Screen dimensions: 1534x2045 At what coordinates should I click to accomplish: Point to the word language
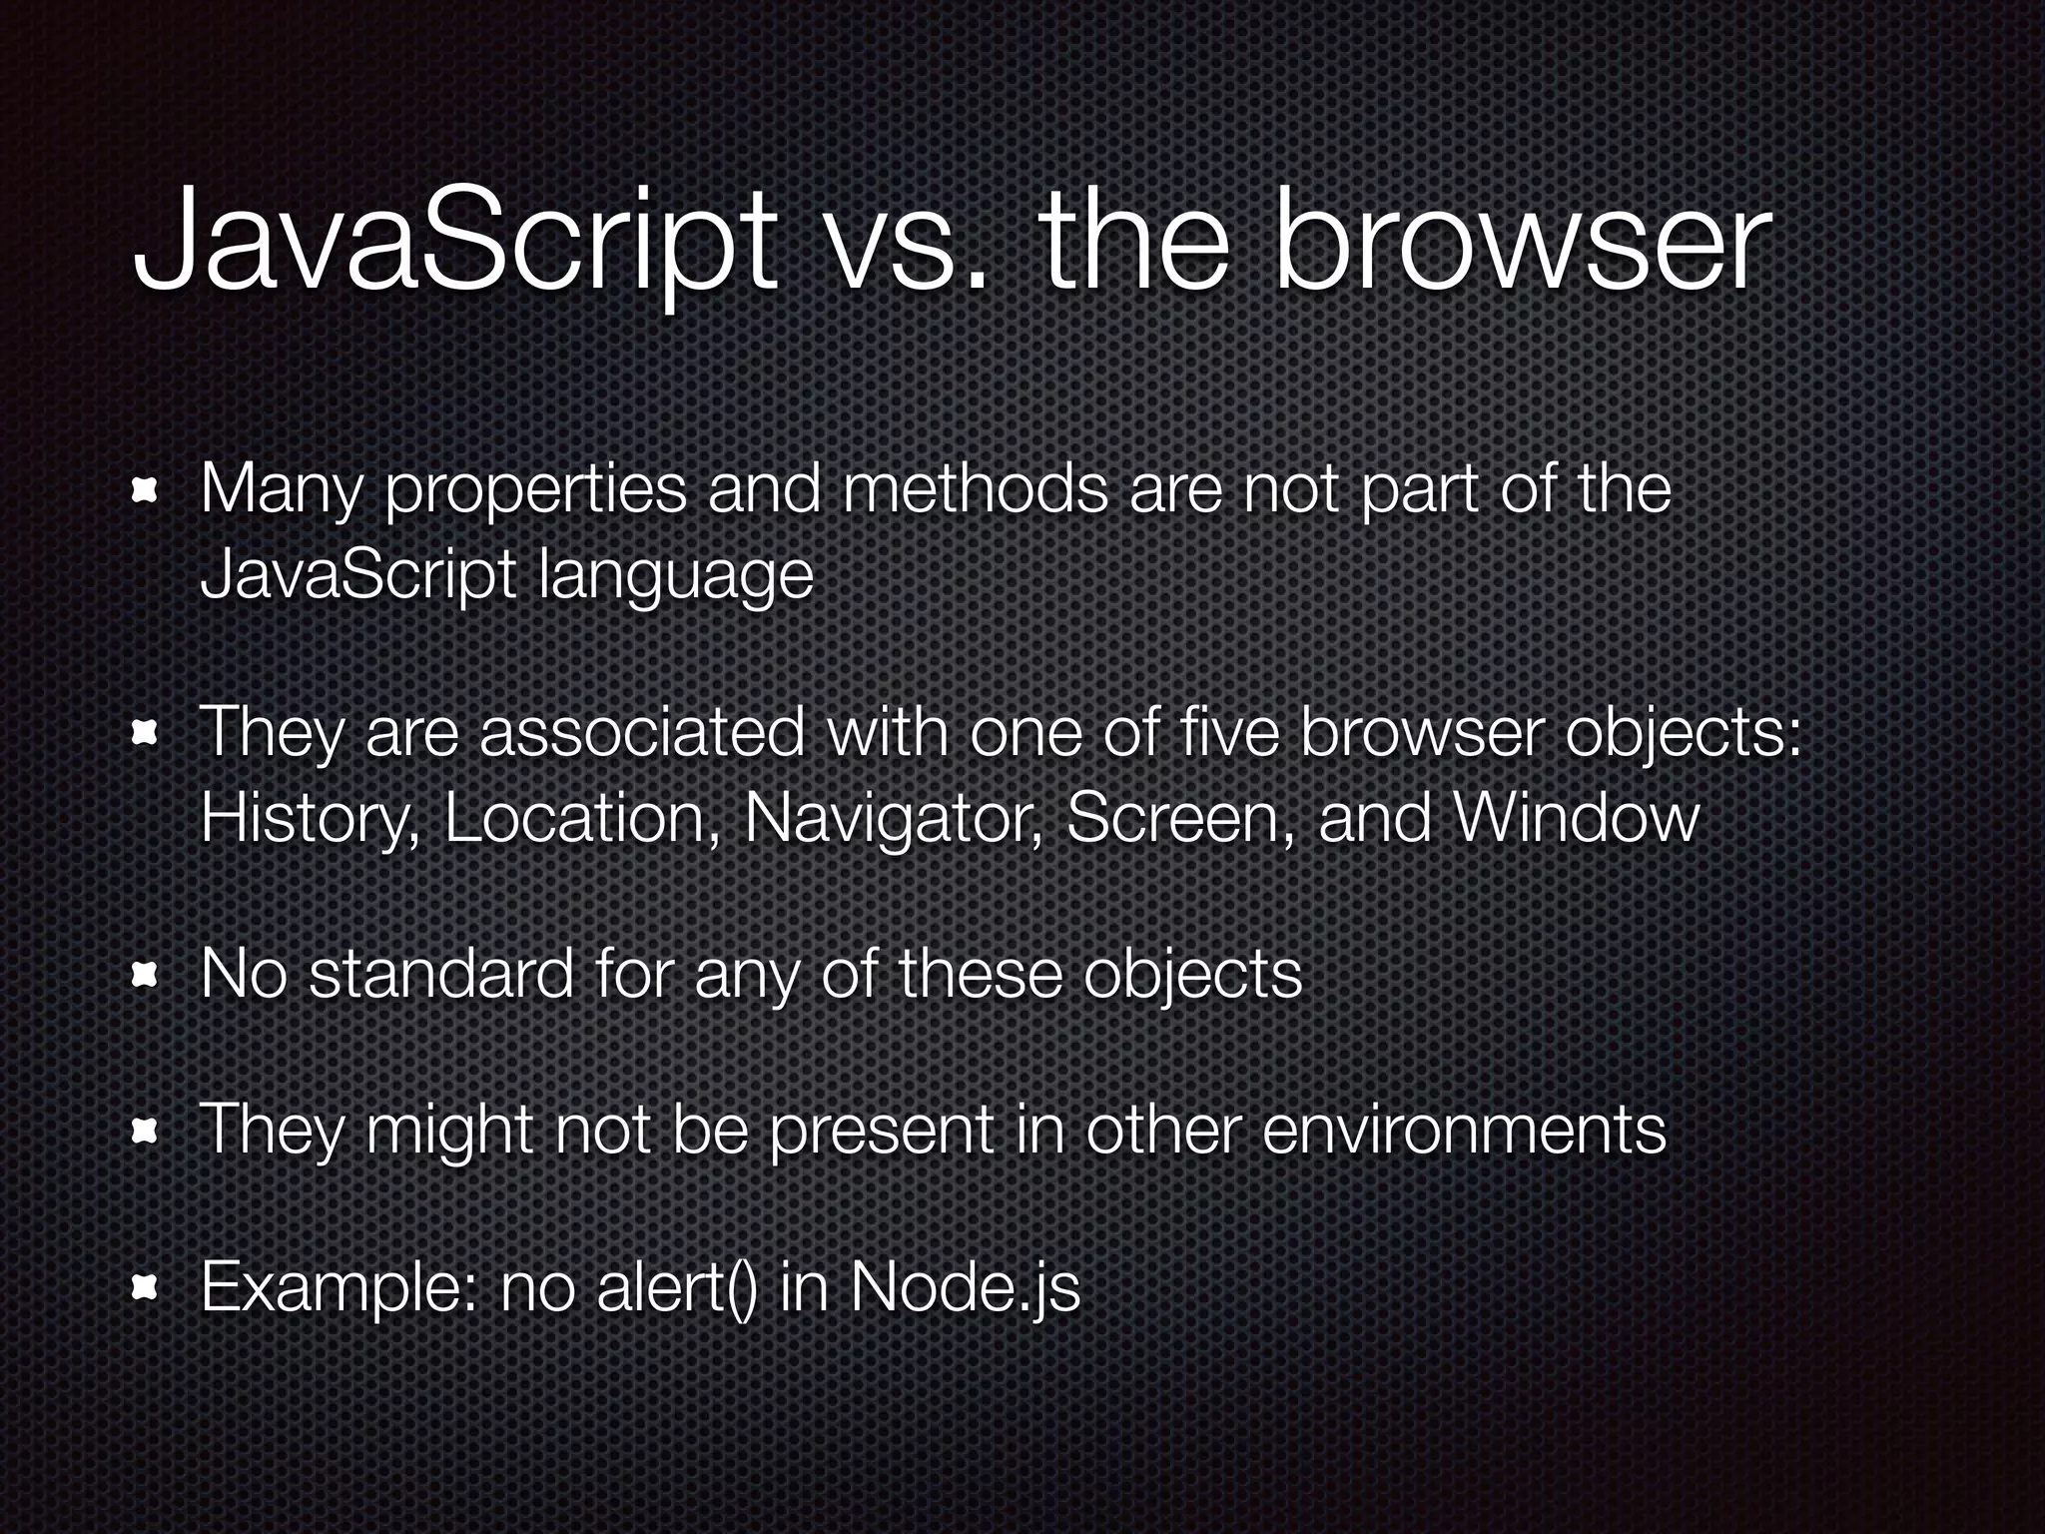tap(675, 577)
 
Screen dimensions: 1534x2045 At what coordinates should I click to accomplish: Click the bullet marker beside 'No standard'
tap(148, 975)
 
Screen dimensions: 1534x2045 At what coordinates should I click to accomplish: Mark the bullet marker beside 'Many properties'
tap(148, 491)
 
